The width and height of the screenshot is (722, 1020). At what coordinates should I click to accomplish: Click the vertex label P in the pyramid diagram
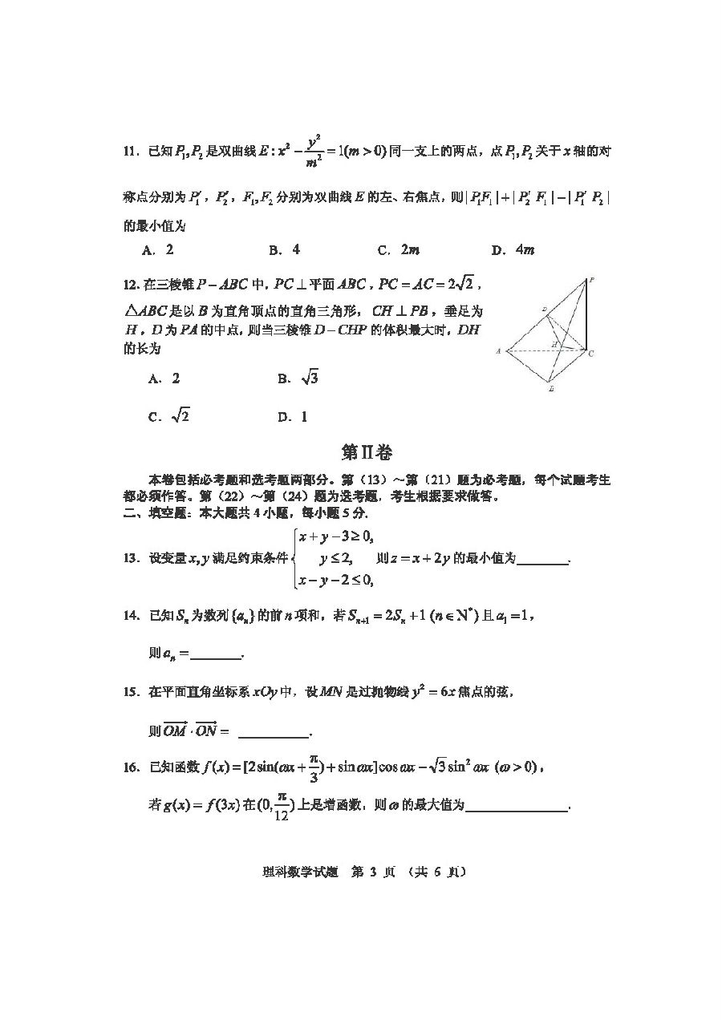point(591,280)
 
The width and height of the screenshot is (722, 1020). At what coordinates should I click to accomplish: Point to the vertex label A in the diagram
point(498,351)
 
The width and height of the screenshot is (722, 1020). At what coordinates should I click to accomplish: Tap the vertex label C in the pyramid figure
point(591,353)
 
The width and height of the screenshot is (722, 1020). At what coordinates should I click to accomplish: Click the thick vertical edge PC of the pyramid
point(585,317)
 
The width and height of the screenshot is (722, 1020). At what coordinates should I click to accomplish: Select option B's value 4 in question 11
point(296,249)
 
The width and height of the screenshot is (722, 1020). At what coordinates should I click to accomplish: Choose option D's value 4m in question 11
point(525,249)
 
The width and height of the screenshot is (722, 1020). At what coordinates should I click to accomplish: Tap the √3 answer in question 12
point(309,378)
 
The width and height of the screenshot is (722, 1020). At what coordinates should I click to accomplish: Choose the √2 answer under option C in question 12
point(180,416)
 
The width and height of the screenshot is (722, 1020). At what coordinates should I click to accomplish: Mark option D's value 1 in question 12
point(304,417)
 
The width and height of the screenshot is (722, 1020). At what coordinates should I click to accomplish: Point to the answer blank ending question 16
point(516,807)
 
